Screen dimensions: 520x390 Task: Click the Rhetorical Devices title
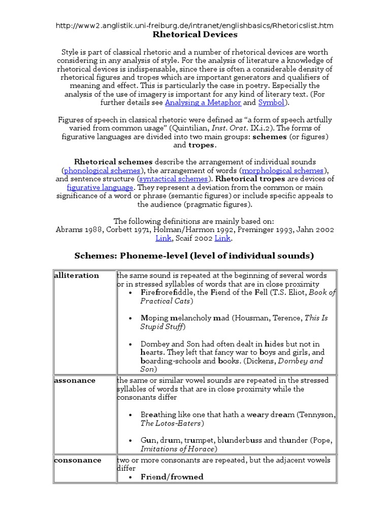click(195, 35)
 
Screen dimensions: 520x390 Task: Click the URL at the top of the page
click(195, 25)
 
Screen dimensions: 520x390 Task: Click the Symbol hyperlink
click(271, 102)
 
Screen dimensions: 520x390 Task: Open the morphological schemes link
click(282, 170)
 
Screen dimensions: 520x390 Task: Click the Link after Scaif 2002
click(222, 238)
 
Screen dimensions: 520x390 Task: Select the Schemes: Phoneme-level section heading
click(194, 255)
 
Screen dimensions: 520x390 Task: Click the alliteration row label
click(76, 275)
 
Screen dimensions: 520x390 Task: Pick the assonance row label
click(75, 380)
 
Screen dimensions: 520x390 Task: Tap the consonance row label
click(77, 460)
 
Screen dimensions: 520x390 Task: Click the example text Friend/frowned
click(172, 477)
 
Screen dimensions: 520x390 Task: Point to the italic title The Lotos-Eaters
click(172, 423)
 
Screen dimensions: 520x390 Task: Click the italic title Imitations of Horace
click(178, 449)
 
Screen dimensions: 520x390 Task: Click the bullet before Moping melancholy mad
click(132, 318)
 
